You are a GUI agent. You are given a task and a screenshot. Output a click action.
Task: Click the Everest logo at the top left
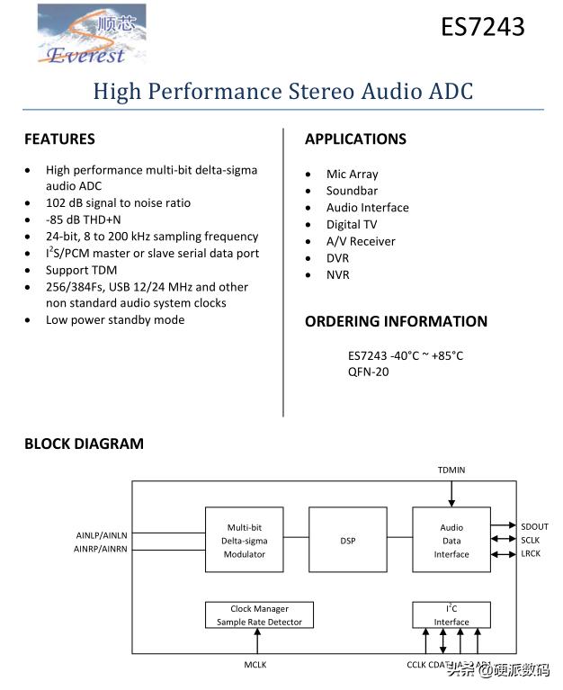[x=91, y=35]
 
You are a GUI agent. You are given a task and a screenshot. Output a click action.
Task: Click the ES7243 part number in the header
[x=482, y=28]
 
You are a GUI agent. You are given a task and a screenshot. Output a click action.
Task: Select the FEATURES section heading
[x=59, y=139]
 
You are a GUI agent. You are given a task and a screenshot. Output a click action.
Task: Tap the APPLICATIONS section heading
[x=355, y=139]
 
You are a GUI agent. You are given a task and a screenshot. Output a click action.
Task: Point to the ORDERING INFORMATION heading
[x=396, y=322]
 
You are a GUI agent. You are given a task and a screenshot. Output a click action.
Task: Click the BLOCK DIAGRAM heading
[x=84, y=444]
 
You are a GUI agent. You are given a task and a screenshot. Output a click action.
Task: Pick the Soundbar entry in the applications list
[x=352, y=191]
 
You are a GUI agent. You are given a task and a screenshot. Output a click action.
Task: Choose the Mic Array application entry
[x=352, y=175]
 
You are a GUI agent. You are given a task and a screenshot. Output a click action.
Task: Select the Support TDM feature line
[x=81, y=270]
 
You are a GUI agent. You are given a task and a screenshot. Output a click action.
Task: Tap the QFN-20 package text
[x=369, y=372]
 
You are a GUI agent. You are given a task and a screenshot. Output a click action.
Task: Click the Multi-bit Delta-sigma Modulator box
[x=245, y=540]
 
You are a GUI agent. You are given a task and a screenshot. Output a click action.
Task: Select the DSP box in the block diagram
[x=348, y=540]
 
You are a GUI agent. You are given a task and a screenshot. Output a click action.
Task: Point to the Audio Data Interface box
[x=451, y=540]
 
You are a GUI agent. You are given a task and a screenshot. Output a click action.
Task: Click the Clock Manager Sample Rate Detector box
[x=259, y=615]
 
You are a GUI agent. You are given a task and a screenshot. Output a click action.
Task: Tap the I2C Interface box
[x=451, y=615]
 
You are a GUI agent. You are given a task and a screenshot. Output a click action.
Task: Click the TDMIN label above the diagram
[x=451, y=470]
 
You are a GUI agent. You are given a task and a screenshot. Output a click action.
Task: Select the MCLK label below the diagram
[x=255, y=665]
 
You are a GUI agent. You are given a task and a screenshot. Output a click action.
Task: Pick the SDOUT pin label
[x=534, y=526]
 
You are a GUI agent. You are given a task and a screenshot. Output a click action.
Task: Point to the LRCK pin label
[x=531, y=553]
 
